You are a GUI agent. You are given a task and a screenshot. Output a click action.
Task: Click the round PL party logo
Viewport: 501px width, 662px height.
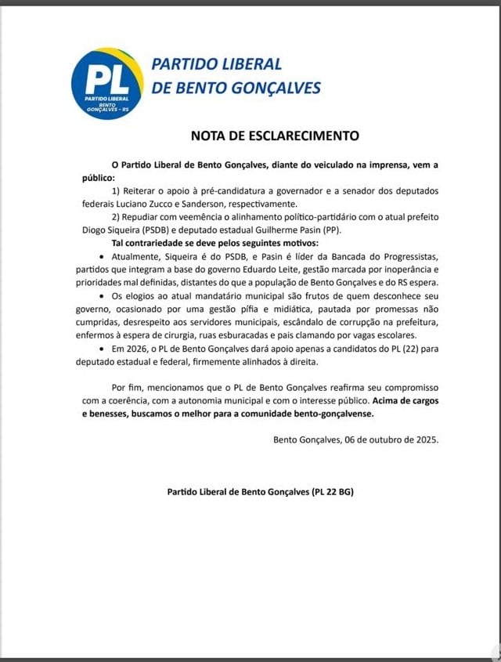coord(107,83)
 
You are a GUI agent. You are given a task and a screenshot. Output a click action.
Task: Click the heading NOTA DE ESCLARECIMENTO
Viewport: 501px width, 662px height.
coord(275,136)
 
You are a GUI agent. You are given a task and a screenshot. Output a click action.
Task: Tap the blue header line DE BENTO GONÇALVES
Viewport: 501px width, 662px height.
coord(236,88)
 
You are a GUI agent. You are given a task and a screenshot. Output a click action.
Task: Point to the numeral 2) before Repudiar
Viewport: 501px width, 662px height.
coord(118,217)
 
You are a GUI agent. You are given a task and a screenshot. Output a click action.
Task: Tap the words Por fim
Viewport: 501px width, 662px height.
coord(130,388)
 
